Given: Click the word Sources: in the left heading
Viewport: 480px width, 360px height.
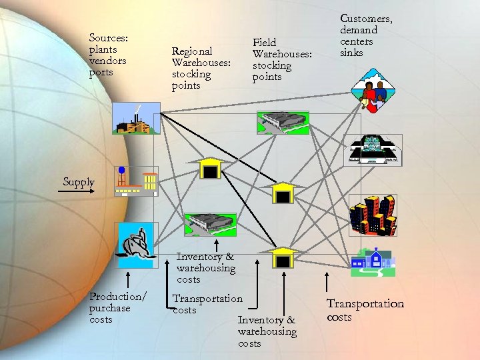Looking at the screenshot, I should pos(108,38).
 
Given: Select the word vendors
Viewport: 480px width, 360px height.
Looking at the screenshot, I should pos(107,61).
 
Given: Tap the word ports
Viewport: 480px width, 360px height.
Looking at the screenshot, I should pos(101,73).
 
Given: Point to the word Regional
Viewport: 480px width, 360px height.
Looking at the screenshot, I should pos(192,51).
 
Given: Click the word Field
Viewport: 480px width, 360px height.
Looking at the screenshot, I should pos(264,43).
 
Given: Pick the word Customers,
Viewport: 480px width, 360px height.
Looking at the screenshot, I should pos(366,19).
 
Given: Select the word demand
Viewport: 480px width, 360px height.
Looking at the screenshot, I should pos(359,30).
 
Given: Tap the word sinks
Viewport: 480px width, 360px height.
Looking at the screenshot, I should pos(351,53).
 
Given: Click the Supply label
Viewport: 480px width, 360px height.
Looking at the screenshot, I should pos(79,182).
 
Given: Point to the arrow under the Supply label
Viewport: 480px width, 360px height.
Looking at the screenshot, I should pos(77,192).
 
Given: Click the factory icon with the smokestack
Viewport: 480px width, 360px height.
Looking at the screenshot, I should pos(136,118).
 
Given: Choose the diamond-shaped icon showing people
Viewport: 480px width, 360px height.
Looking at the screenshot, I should pos(371,93).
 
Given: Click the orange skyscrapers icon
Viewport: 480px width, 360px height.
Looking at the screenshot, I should pos(372,215).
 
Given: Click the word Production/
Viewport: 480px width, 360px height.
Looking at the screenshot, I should pos(117,297).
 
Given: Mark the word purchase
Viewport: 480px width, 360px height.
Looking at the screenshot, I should pos(110,308).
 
